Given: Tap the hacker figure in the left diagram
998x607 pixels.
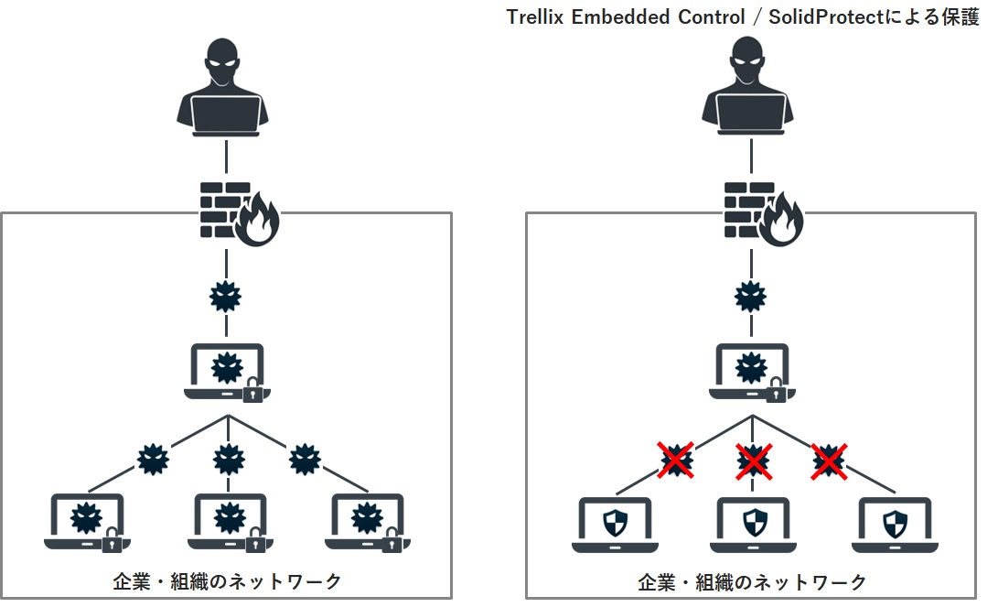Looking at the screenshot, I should point(223,87).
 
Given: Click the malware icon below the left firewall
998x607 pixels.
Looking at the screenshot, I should point(225,297).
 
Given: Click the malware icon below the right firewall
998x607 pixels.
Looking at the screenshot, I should point(751,297).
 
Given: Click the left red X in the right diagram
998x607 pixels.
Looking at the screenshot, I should point(675,460).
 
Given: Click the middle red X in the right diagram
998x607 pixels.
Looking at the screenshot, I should point(752,460).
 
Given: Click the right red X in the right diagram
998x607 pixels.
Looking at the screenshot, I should point(829,460).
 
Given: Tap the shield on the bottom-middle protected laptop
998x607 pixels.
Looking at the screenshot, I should point(752,523).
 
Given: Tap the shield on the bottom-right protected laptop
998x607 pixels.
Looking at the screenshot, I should point(892,523).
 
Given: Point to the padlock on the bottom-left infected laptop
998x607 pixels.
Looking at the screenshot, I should point(112,542).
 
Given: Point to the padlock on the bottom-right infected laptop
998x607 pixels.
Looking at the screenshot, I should point(392,542).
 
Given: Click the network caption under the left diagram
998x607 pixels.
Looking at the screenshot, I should point(226,581).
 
